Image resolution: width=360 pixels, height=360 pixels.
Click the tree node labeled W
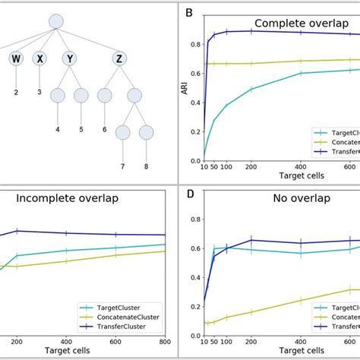(x=16, y=58)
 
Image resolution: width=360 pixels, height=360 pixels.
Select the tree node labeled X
(x=39, y=58)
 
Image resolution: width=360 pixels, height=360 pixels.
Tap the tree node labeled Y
(x=69, y=58)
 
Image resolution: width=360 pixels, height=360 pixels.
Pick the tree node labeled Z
(x=118, y=58)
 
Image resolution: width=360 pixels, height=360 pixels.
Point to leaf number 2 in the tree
(x=16, y=92)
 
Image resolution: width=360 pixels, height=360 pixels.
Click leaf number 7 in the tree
(x=122, y=165)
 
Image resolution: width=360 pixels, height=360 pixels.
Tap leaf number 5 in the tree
(x=81, y=129)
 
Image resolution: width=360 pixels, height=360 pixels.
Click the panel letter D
(x=190, y=194)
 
